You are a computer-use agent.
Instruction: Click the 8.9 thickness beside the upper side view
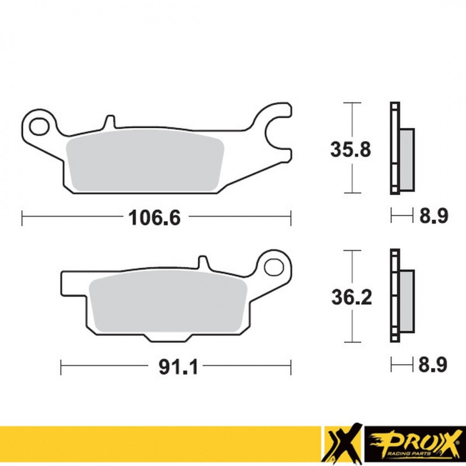(x=433, y=217)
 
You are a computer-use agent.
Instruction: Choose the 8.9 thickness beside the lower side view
(x=433, y=366)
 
